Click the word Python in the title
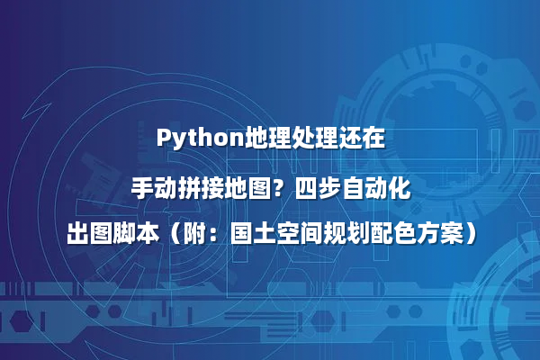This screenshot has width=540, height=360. pos(191,139)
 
